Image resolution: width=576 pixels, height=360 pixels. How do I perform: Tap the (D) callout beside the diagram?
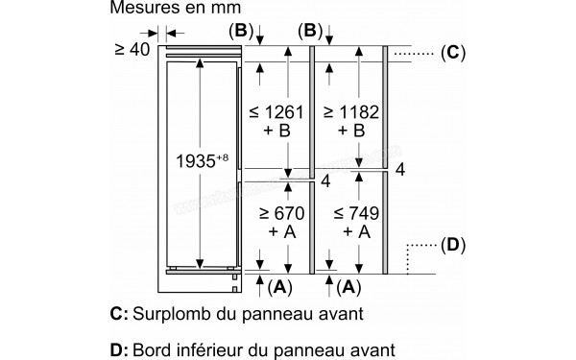pyautogui.click(x=452, y=244)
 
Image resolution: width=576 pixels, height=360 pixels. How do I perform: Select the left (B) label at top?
pyautogui.click(x=239, y=30)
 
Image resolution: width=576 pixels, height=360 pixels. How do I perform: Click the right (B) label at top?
pyautogui.click(x=309, y=30)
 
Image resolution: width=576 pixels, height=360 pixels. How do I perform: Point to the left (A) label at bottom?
pyautogui.click(x=278, y=286)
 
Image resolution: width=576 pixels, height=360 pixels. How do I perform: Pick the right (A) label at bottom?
pyautogui.click(x=349, y=286)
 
